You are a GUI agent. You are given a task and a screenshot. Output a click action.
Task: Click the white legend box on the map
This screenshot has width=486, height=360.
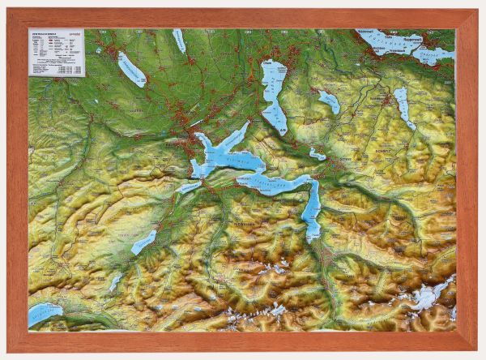click(57, 53)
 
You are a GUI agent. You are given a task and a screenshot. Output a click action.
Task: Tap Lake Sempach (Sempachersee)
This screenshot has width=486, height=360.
click(131, 70)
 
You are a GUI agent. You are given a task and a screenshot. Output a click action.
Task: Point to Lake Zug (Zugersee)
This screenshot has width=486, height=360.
click(274, 89)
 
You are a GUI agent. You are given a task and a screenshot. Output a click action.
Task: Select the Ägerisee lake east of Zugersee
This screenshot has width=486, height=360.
click(329, 101)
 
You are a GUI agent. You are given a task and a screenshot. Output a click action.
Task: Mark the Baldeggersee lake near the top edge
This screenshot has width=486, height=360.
click(179, 41)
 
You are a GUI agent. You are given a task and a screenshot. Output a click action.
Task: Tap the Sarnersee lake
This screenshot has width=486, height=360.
click(144, 241)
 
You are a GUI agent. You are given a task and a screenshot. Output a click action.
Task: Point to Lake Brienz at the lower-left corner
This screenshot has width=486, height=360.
click(45, 313)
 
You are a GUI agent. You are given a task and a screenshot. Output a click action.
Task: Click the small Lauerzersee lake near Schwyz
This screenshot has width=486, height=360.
click(317, 153)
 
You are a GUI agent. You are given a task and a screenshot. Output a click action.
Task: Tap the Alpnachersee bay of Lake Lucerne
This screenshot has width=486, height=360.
click(188, 187)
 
